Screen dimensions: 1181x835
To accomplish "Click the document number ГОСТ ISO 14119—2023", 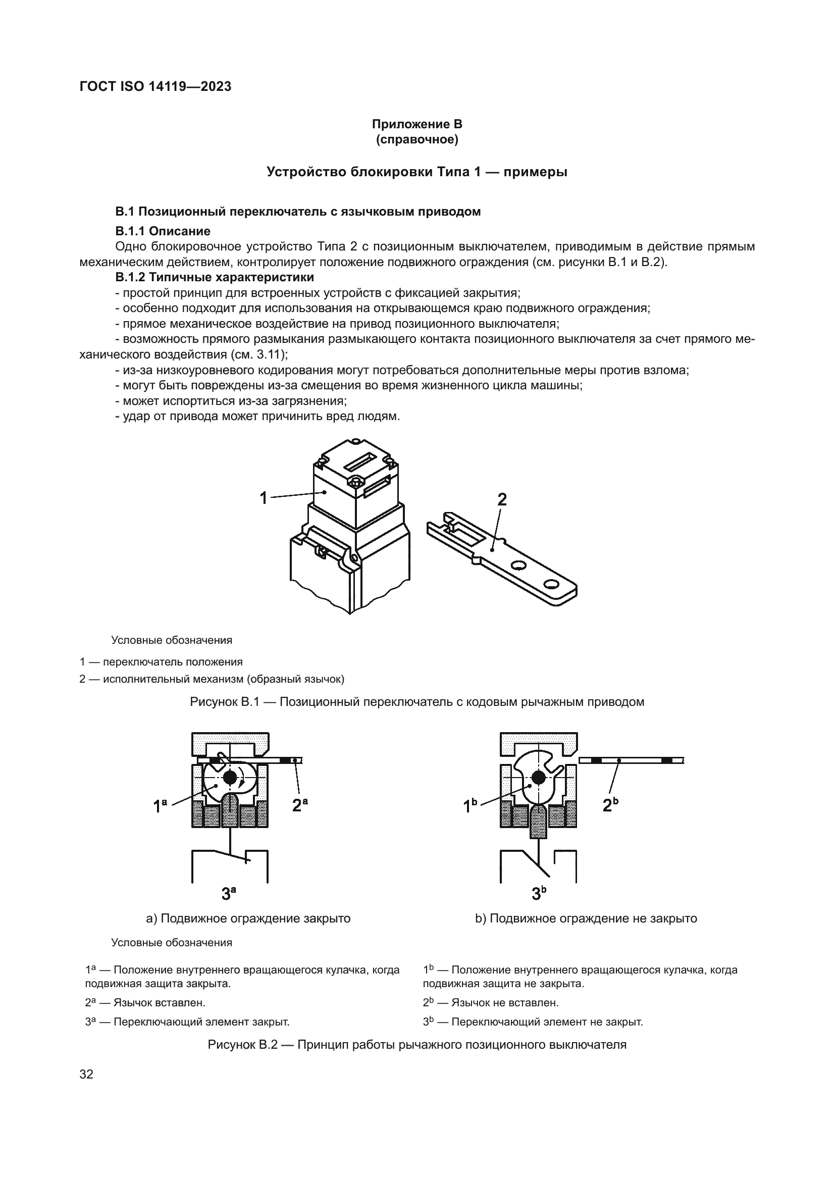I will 155,87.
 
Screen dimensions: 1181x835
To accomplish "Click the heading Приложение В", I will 417,125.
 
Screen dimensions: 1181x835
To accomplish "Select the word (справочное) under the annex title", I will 417,140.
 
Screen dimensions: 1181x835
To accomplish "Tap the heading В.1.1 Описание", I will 163,231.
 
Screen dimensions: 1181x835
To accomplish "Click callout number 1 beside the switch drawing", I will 264,498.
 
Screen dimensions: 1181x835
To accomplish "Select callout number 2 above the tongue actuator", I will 502,499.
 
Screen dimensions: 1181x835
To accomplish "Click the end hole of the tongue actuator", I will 551,584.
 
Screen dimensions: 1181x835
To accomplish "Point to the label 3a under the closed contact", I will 229,894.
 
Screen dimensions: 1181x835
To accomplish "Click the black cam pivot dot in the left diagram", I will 230,777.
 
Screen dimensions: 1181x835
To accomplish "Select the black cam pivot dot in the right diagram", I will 538,778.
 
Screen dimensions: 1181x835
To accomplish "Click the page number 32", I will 86,1074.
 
